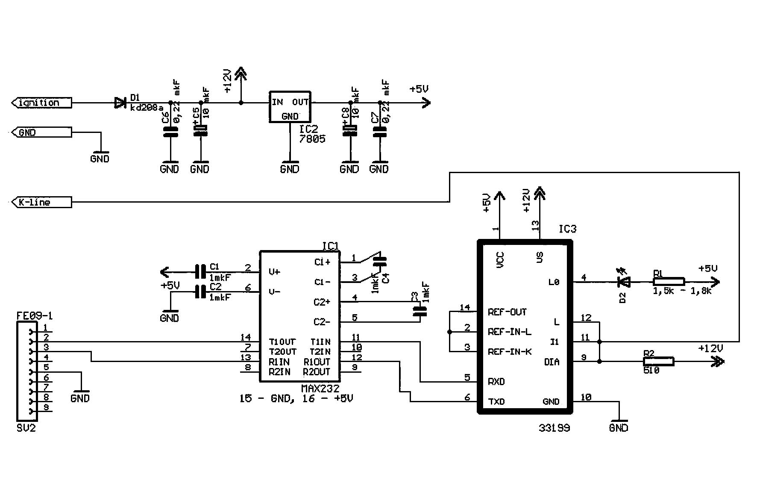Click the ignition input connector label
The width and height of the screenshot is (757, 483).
[x=39, y=103]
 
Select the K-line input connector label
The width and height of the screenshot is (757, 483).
[x=35, y=202]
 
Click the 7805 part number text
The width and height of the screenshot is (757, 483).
[x=312, y=139]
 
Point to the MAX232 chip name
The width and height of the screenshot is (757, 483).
[x=320, y=389]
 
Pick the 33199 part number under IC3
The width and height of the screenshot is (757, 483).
[x=555, y=428]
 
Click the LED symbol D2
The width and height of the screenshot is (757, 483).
[x=625, y=282]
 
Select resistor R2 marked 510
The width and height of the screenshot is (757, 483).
[x=658, y=362]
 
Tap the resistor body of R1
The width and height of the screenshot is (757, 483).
[x=669, y=282]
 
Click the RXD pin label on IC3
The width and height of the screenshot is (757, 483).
[x=496, y=382]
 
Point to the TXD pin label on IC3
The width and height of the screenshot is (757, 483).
[x=496, y=402]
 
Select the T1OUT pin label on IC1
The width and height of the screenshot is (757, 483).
[x=282, y=342]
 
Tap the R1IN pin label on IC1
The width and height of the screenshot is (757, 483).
[x=279, y=362]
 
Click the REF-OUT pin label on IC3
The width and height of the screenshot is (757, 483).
[x=507, y=312]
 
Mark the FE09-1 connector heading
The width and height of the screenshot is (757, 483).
[x=35, y=316]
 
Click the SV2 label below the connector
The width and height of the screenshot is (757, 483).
[x=26, y=428]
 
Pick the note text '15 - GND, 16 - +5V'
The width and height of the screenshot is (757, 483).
[x=296, y=399]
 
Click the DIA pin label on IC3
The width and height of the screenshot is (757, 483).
[x=552, y=362]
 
